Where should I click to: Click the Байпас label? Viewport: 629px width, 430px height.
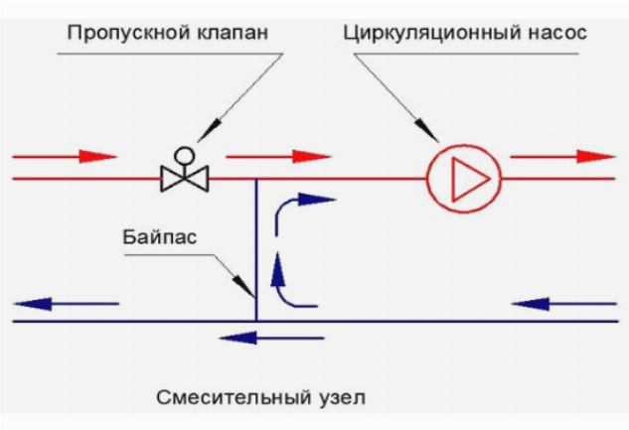(x=158, y=240)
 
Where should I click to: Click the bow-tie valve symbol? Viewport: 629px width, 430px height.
(x=184, y=179)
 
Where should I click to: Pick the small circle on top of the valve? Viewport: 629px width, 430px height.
(x=184, y=155)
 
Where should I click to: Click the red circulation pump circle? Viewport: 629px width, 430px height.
(x=464, y=179)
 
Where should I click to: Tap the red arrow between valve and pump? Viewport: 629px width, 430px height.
(x=279, y=156)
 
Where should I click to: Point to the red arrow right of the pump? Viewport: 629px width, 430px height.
(x=561, y=156)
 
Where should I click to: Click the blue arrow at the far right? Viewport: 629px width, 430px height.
(x=561, y=302)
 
